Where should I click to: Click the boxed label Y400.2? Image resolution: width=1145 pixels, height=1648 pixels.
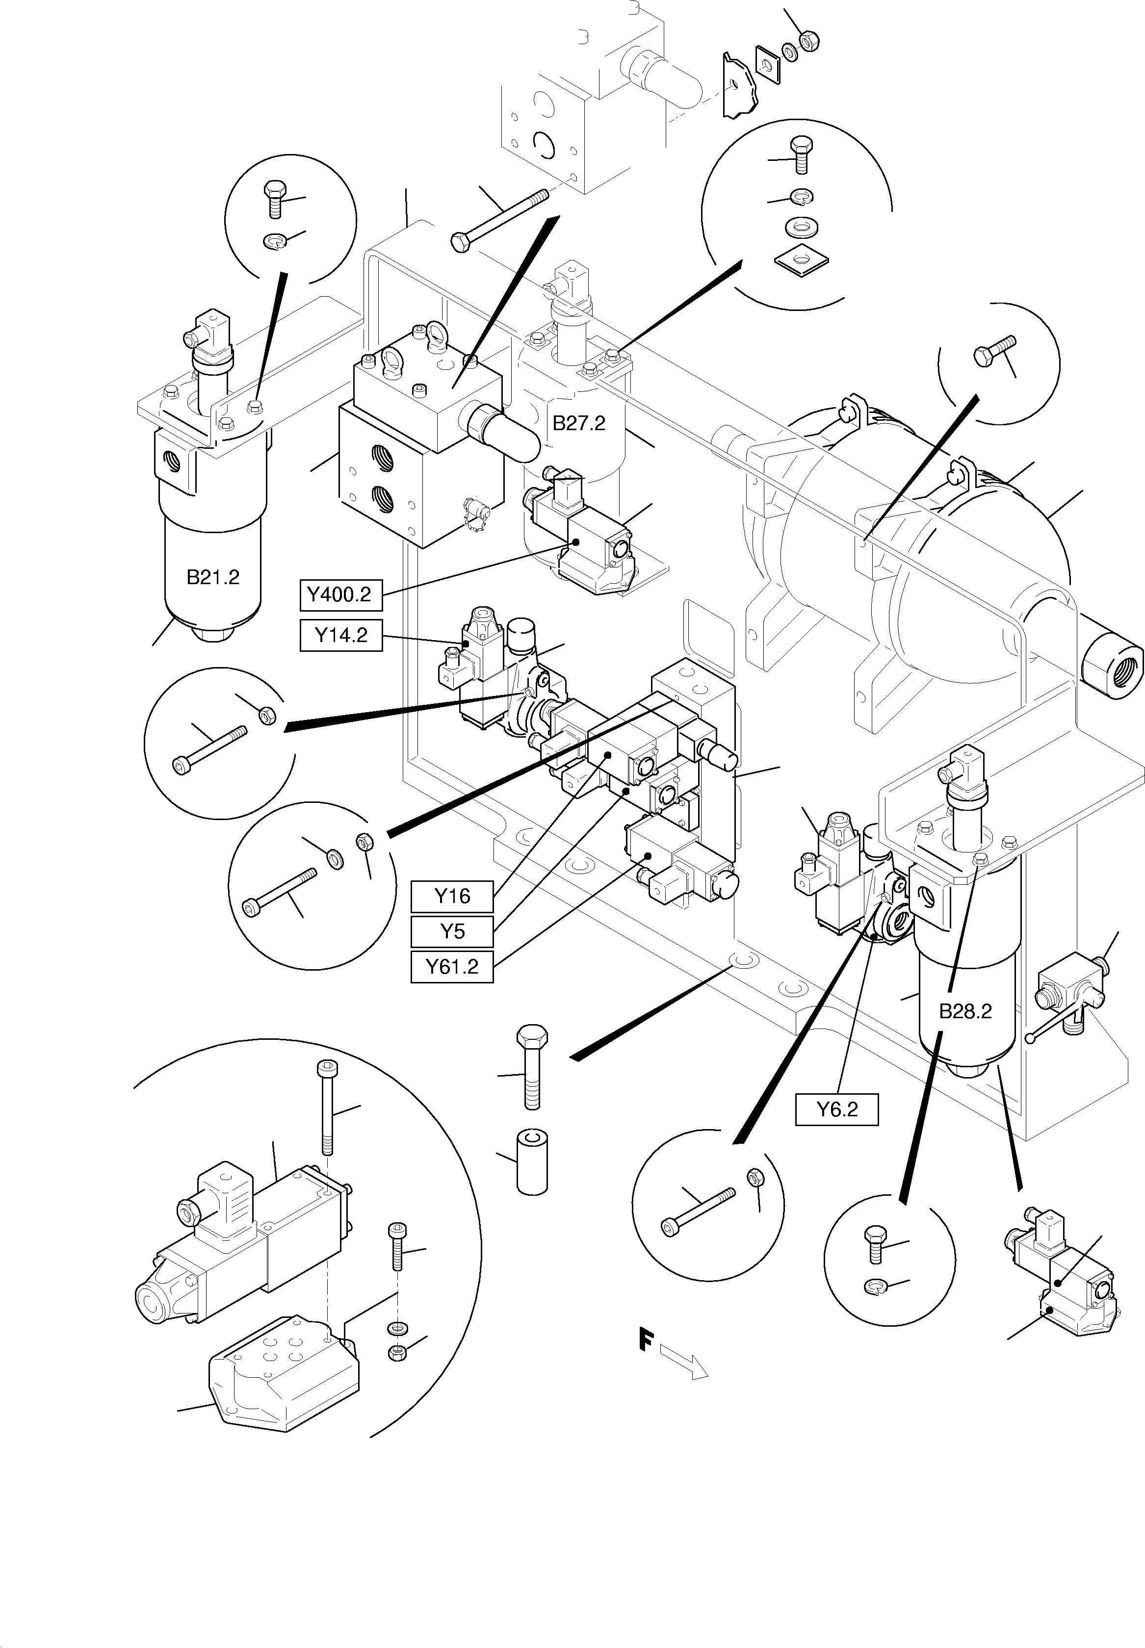[340, 594]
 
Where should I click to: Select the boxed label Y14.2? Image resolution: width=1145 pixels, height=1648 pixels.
[341, 635]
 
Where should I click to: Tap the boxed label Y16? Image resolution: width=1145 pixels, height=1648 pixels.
[452, 897]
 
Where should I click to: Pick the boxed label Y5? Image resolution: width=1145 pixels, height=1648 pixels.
[452, 931]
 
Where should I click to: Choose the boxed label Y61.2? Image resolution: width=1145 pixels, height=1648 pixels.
[452, 967]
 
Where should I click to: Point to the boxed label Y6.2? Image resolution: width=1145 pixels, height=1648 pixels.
[836, 1109]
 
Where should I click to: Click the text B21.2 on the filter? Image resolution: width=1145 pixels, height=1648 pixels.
[212, 577]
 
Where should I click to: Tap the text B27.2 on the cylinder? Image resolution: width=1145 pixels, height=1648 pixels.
[578, 423]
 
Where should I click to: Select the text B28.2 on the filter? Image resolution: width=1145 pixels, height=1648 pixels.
[965, 1011]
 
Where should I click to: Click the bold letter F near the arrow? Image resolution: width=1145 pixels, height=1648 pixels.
[646, 1339]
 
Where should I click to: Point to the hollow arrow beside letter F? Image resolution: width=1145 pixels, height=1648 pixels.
[684, 1360]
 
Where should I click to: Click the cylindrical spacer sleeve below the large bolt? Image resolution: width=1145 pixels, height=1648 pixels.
[532, 1163]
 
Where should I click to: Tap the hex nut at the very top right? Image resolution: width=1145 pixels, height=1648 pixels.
[808, 42]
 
